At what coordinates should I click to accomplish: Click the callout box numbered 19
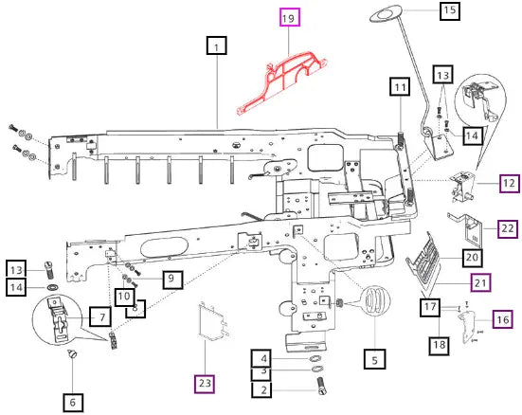(x=290, y=17)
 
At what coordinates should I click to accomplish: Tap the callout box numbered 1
(x=217, y=45)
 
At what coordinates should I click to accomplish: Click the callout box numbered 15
(x=450, y=11)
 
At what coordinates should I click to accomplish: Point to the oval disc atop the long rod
(x=387, y=13)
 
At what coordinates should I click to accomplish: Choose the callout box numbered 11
(x=400, y=86)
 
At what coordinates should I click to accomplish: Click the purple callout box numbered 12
(x=509, y=183)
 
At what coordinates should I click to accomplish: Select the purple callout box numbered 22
(x=508, y=228)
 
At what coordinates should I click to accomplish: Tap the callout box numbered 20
(x=472, y=258)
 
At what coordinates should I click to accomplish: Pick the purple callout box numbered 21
(x=480, y=282)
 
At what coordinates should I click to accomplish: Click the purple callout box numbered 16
(x=502, y=319)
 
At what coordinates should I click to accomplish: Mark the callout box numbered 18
(x=439, y=346)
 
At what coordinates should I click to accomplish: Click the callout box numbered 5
(x=375, y=359)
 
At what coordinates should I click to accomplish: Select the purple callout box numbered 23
(x=205, y=384)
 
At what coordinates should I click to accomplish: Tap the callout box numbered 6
(x=73, y=403)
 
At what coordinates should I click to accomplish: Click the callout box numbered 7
(x=100, y=316)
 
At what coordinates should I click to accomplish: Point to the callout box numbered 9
(x=172, y=280)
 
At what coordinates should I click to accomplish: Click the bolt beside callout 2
(x=321, y=386)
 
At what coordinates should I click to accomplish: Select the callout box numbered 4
(x=262, y=358)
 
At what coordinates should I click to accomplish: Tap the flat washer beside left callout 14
(x=52, y=287)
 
